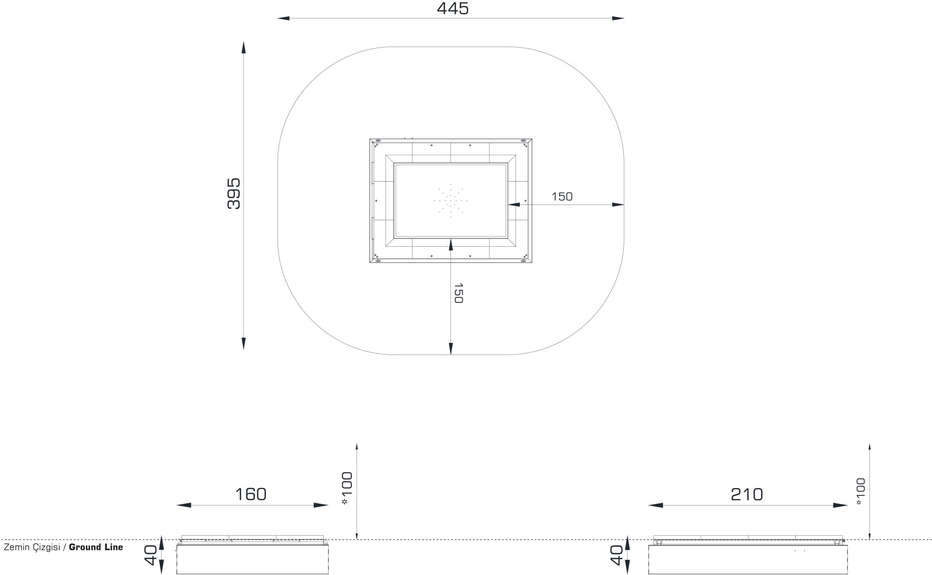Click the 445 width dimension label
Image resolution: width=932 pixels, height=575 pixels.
tap(452, 8)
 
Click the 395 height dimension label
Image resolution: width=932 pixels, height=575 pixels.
tap(234, 193)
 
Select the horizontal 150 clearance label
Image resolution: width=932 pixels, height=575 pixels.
tap(562, 197)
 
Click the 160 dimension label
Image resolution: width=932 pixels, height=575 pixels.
tap(251, 494)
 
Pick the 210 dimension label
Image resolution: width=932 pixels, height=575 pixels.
tap(747, 494)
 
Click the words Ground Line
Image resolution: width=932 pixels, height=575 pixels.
tap(96, 547)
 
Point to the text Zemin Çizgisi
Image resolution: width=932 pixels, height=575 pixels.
tap(32, 548)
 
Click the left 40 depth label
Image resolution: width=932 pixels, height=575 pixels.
tap(151, 555)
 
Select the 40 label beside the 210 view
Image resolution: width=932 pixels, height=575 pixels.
tap(616, 555)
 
